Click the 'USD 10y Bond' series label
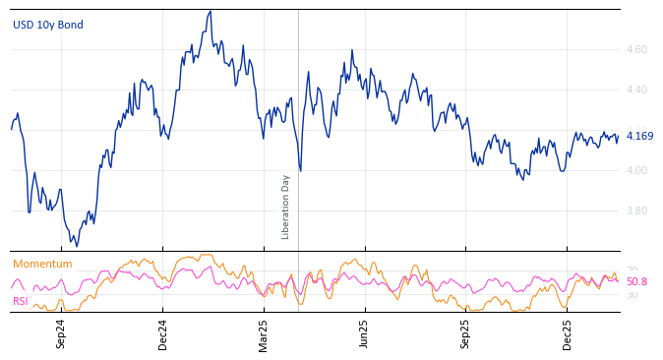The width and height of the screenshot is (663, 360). (x=48, y=25)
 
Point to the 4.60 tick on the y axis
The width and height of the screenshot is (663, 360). (x=636, y=49)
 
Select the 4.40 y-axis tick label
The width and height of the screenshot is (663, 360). (x=636, y=90)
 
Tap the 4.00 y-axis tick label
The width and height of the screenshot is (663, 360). (x=636, y=170)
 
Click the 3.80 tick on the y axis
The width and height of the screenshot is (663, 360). (x=636, y=210)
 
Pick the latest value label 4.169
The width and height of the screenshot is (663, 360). (x=639, y=136)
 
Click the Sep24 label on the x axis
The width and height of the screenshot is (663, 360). (x=61, y=333)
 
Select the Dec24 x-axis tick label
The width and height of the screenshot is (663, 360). (x=163, y=333)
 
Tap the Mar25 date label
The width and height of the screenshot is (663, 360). (x=264, y=333)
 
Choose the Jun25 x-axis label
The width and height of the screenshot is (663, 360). (x=365, y=333)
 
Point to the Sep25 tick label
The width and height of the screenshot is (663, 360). (x=466, y=333)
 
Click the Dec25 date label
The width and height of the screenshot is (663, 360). (x=568, y=333)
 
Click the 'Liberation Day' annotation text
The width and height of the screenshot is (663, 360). (x=286, y=207)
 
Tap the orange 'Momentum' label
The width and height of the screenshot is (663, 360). (x=42, y=264)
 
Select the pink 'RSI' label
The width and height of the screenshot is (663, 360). (x=20, y=301)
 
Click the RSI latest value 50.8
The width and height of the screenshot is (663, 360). (x=636, y=281)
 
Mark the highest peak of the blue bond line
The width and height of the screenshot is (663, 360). (x=211, y=11)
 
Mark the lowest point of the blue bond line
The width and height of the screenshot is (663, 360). (x=77, y=245)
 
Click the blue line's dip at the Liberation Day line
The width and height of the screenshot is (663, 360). (x=300, y=171)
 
